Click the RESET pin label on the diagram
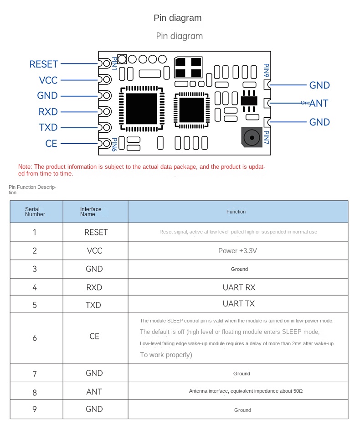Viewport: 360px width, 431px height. pos(44,64)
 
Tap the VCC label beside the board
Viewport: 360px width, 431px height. pos(48,80)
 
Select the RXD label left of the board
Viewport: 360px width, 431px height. pos(48,112)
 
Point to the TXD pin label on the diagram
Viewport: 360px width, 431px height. pos(48,128)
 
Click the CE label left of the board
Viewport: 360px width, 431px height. pos(51,144)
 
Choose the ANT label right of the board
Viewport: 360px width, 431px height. pos(319,104)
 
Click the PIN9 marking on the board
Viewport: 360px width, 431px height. pos(267,71)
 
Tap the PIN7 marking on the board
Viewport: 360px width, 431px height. pos(267,138)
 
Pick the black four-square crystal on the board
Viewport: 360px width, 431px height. pos(188,68)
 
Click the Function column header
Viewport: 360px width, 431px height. pos(236,212)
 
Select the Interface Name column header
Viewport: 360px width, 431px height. pos(91,212)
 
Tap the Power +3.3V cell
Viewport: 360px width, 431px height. pos(237,251)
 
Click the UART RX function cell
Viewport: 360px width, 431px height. pos(239,287)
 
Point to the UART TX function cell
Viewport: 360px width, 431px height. pos(239,304)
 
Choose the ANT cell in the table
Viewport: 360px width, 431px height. pos(94,392)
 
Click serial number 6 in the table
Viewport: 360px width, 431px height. pos(35,338)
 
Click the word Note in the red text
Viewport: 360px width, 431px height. pos(25,167)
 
